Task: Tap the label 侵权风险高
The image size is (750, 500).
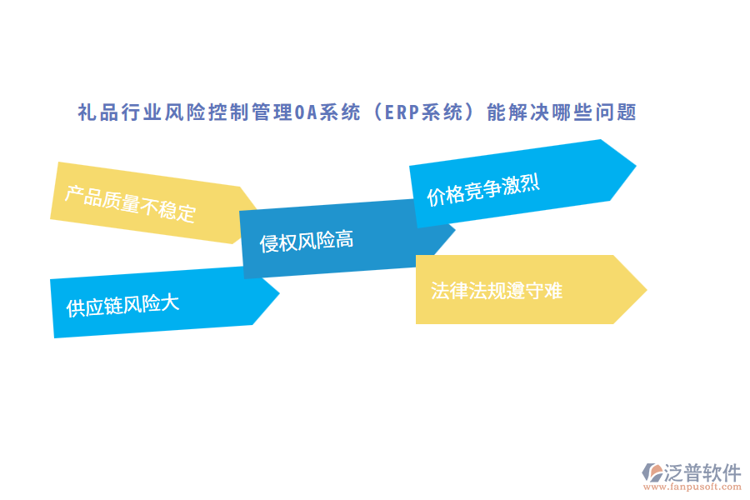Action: pos(307,242)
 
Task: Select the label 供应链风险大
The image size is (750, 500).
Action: pos(123,305)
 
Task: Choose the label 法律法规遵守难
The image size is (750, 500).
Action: pos(497,290)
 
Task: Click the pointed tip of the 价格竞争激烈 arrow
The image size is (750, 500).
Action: pos(635,164)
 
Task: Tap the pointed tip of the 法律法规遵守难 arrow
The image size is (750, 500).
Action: pos(646,289)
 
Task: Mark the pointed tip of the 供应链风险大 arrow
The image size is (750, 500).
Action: pos(278,292)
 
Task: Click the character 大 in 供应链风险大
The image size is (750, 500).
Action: pos(169,302)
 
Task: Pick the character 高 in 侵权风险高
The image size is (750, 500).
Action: pos(344,240)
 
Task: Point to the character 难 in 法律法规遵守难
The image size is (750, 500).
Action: pos(552,290)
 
